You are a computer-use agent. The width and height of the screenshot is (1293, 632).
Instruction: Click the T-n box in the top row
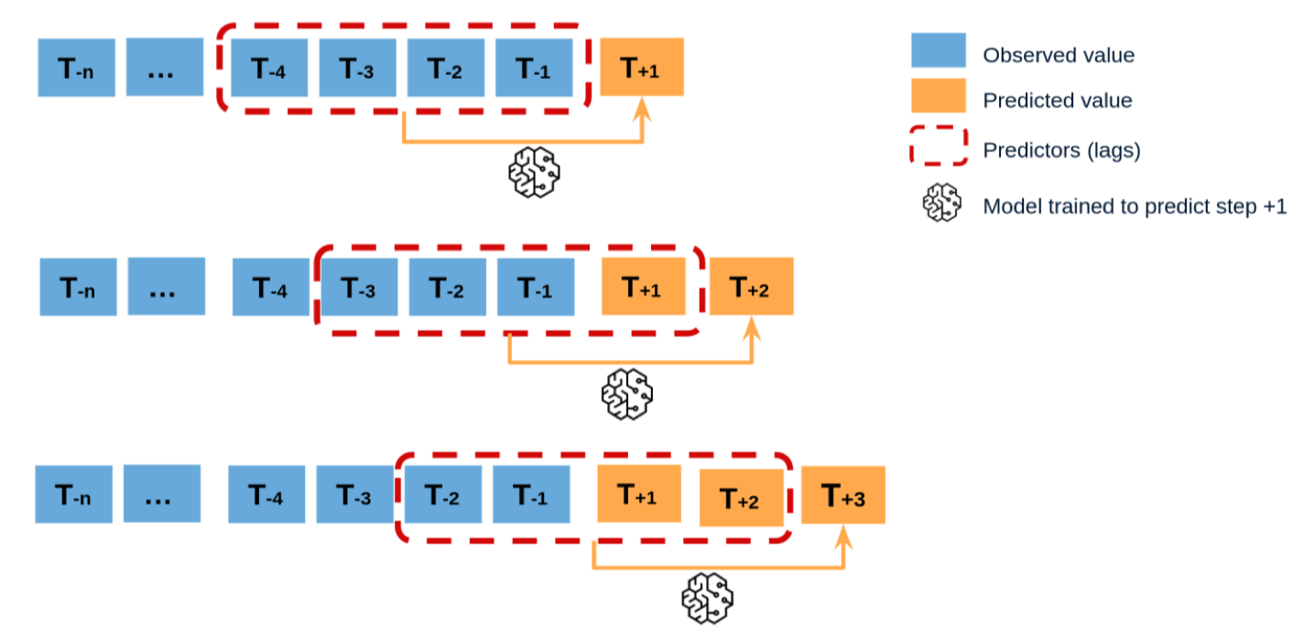point(76,67)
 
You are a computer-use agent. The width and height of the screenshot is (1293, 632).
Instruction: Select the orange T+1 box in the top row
point(642,67)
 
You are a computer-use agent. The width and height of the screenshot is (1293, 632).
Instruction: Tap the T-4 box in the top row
point(269,67)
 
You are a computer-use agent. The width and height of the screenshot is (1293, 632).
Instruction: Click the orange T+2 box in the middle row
point(751,287)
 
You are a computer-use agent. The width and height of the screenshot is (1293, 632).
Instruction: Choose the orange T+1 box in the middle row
point(642,287)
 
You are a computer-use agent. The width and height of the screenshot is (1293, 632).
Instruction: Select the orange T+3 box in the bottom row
point(842,496)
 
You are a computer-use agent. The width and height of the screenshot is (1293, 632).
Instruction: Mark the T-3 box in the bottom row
point(355,496)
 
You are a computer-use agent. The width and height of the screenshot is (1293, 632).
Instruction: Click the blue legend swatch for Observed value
point(938,50)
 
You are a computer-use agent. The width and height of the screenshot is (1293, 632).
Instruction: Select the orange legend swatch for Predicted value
point(938,96)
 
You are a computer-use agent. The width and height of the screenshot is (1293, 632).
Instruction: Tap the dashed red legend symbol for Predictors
point(938,147)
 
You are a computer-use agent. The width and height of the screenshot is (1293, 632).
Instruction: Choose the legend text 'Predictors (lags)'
point(1061,151)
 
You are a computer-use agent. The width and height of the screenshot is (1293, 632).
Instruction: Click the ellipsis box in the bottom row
point(161,496)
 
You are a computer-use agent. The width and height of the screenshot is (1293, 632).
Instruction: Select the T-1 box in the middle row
point(536,287)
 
